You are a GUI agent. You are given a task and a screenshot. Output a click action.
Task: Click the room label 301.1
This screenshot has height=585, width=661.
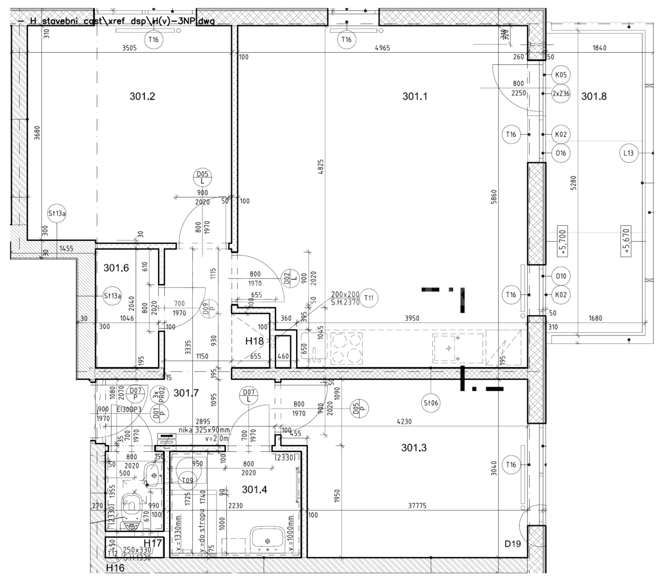415,97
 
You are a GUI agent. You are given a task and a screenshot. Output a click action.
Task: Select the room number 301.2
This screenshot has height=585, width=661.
142,97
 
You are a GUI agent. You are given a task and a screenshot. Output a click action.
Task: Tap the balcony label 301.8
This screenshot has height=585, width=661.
594,97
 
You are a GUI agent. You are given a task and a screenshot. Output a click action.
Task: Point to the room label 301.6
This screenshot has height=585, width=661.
116,268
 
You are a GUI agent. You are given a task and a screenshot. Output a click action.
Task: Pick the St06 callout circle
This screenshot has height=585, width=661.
431,403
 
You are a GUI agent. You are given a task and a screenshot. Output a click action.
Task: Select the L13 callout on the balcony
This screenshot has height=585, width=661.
628,153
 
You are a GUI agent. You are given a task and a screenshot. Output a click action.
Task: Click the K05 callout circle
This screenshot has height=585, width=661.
561,75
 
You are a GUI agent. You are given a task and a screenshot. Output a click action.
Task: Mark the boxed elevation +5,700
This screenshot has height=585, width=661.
563,242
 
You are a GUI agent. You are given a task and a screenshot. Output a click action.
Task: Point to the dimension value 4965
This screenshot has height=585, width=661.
382,48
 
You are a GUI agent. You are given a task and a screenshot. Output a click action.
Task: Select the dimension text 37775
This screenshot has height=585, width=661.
417,506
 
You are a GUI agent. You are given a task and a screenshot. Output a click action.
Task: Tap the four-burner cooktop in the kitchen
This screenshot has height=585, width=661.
346,348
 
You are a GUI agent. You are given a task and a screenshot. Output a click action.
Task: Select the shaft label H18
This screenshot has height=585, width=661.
254,341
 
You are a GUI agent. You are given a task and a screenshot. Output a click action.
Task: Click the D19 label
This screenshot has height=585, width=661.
513,544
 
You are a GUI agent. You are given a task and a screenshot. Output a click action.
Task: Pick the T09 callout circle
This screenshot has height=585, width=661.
187,481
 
